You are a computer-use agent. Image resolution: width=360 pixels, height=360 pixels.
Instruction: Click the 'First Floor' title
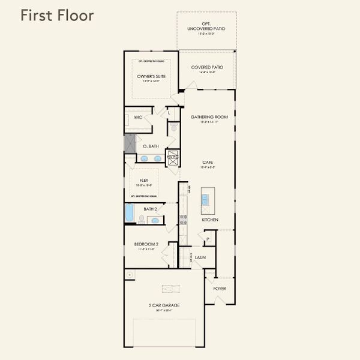pyautogui.click(x=57, y=16)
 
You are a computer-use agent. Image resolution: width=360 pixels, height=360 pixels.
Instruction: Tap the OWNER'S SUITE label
pyautogui.click(x=151, y=77)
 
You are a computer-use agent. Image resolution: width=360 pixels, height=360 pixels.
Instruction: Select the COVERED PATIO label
pyautogui.click(x=207, y=67)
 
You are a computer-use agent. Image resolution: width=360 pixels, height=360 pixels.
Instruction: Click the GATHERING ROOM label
pyautogui.click(x=208, y=117)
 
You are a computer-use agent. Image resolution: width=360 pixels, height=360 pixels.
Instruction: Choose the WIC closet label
pyautogui.click(x=138, y=117)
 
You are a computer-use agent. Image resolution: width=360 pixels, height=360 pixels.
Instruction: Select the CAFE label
pyautogui.click(x=208, y=162)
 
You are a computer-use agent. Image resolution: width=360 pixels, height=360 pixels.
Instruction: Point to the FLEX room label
pyautogui.click(x=144, y=180)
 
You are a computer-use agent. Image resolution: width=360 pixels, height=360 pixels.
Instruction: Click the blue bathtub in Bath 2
pyautogui.click(x=130, y=214)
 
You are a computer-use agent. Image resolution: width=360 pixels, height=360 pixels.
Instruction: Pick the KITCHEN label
pyautogui.click(x=209, y=220)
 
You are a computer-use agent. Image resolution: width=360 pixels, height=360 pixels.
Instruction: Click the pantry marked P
pyautogui.click(x=208, y=238)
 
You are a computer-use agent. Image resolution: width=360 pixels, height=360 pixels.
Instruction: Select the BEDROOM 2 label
pyautogui.click(x=146, y=244)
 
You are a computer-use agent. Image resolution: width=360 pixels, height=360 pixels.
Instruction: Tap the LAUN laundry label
pyautogui.click(x=200, y=257)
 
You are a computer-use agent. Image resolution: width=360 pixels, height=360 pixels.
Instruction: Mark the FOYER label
pyautogui.click(x=220, y=288)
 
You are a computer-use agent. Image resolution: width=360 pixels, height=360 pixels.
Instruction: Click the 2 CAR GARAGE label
pyautogui.click(x=164, y=305)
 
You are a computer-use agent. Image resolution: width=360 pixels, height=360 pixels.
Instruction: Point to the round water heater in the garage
pyautogui.click(x=130, y=274)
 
